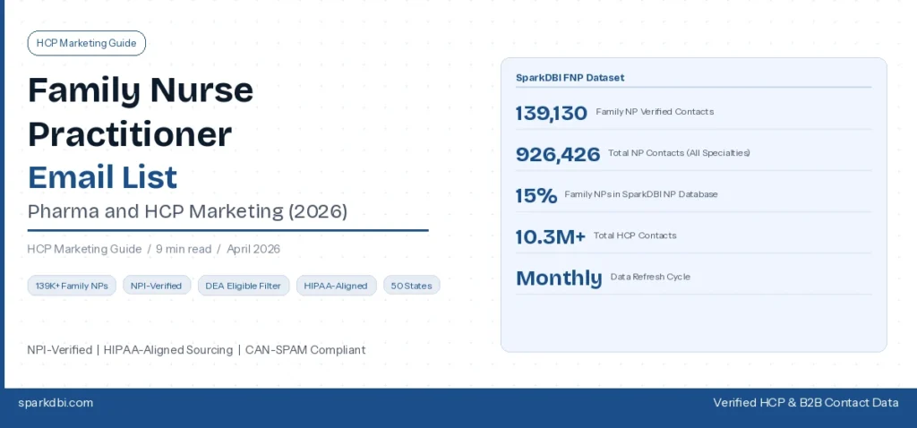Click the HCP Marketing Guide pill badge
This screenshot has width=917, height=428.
[x=87, y=43]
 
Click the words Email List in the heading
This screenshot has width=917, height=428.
[x=102, y=176]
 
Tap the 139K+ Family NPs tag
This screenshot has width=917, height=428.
[x=72, y=286]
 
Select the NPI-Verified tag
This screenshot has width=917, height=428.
[x=157, y=286]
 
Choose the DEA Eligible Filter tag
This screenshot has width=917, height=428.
[x=243, y=286]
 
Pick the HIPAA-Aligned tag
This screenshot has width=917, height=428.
[x=336, y=286]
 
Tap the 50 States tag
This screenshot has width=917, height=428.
[x=412, y=286]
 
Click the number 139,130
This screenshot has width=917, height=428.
[x=551, y=113]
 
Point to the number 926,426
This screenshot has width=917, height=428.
[x=557, y=154]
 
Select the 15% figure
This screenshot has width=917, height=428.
[x=536, y=195]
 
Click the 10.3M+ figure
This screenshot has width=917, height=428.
[x=550, y=236]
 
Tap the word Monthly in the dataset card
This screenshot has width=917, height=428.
[x=559, y=278]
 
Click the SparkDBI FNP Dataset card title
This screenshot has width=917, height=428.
[x=570, y=78]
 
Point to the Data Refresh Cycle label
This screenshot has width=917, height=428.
[x=650, y=278]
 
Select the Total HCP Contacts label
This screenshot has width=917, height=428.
[x=635, y=236]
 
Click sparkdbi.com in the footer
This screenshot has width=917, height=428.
[x=56, y=403]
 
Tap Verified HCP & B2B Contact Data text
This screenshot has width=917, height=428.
[x=805, y=403]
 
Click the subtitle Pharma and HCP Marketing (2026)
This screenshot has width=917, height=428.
[x=187, y=212]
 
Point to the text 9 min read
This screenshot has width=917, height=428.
[x=184, y=249]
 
